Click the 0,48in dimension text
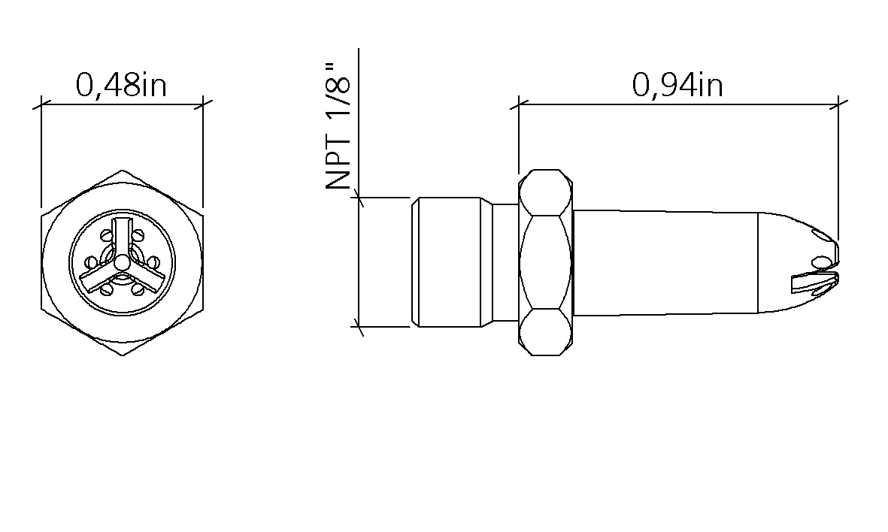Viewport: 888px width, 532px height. click(x=121, y=86)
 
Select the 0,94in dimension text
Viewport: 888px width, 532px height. click(x=677, y=86)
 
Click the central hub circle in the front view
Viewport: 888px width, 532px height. click(x=122, y=262)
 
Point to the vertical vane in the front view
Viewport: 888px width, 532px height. click(x=122, y=237)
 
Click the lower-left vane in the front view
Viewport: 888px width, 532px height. click(x=98, y=277)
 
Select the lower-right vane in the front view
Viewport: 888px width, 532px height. click(x=146, y=277)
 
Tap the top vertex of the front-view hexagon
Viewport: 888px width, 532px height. click(x=122, y=171)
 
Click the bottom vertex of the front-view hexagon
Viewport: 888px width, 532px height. click(x=122, y=355)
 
